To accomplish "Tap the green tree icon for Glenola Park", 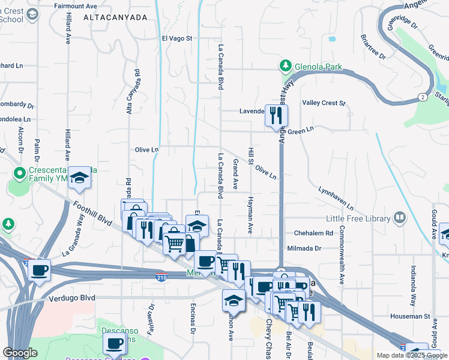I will tap(287, 65).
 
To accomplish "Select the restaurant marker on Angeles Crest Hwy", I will tap(276, 115).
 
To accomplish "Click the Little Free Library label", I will tap(358, 219).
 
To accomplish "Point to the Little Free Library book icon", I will tap(399, 218).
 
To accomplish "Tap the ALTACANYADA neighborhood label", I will tap(115, 18).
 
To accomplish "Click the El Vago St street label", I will tap(176, 38).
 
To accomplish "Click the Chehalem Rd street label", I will tap(313, 233).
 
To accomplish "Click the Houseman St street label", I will tap(411, 316).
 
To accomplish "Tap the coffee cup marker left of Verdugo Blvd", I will tap(40, 269).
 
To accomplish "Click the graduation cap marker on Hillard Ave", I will tap(79, 178).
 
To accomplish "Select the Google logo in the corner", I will tap(20, 353).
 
